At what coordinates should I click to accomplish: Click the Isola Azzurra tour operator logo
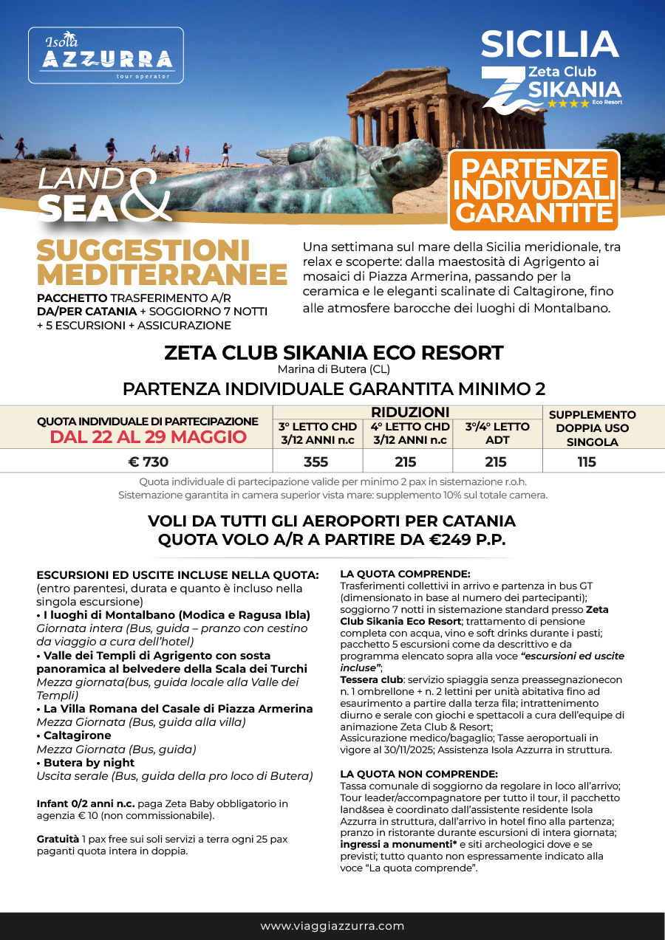tap(106, 55)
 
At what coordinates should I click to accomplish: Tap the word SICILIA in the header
tap(549, 45)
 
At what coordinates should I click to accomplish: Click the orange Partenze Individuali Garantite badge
tap(533, 190)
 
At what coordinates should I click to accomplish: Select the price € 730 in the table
tap(148, 462)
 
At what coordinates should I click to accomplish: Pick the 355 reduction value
tap(317, 462)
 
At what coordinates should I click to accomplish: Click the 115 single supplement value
tap(587, 462)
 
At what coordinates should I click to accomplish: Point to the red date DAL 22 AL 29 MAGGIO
tap(148, 436)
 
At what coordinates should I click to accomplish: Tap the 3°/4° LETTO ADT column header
tap(497, 433)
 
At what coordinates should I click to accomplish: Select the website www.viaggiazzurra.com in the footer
tap(332, 926)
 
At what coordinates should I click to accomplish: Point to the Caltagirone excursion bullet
tap(76, 735)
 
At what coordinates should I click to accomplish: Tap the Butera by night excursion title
tap(88, 763)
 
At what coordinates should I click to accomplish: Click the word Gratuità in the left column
tap(58, 840)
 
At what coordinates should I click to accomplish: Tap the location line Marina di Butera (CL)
tap(333, 369)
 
